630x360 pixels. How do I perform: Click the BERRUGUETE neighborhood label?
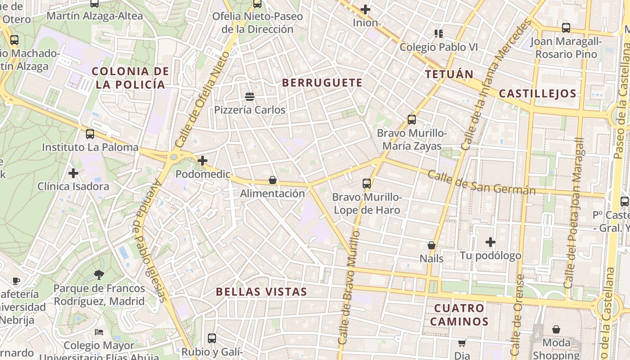322,83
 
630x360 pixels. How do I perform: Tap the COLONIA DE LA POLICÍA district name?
130,78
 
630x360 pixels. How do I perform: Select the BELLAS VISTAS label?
261,292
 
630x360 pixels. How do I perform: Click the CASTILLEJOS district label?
537,94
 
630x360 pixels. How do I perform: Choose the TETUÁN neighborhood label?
449,74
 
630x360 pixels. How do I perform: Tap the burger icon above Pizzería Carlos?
250,97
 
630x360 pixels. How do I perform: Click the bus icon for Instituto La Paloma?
90,134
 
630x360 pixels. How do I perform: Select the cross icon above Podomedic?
202,161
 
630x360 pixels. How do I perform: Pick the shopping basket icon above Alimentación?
272,180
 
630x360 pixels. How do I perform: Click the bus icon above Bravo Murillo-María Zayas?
411,120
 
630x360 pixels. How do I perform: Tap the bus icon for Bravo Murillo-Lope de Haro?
367,184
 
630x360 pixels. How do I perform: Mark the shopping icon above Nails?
431,246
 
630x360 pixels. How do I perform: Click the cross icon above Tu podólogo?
490,243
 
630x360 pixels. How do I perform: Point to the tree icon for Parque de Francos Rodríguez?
99,275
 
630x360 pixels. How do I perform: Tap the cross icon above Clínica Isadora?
73,173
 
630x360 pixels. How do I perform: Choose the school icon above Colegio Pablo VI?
438,34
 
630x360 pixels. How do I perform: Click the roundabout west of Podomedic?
174,157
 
